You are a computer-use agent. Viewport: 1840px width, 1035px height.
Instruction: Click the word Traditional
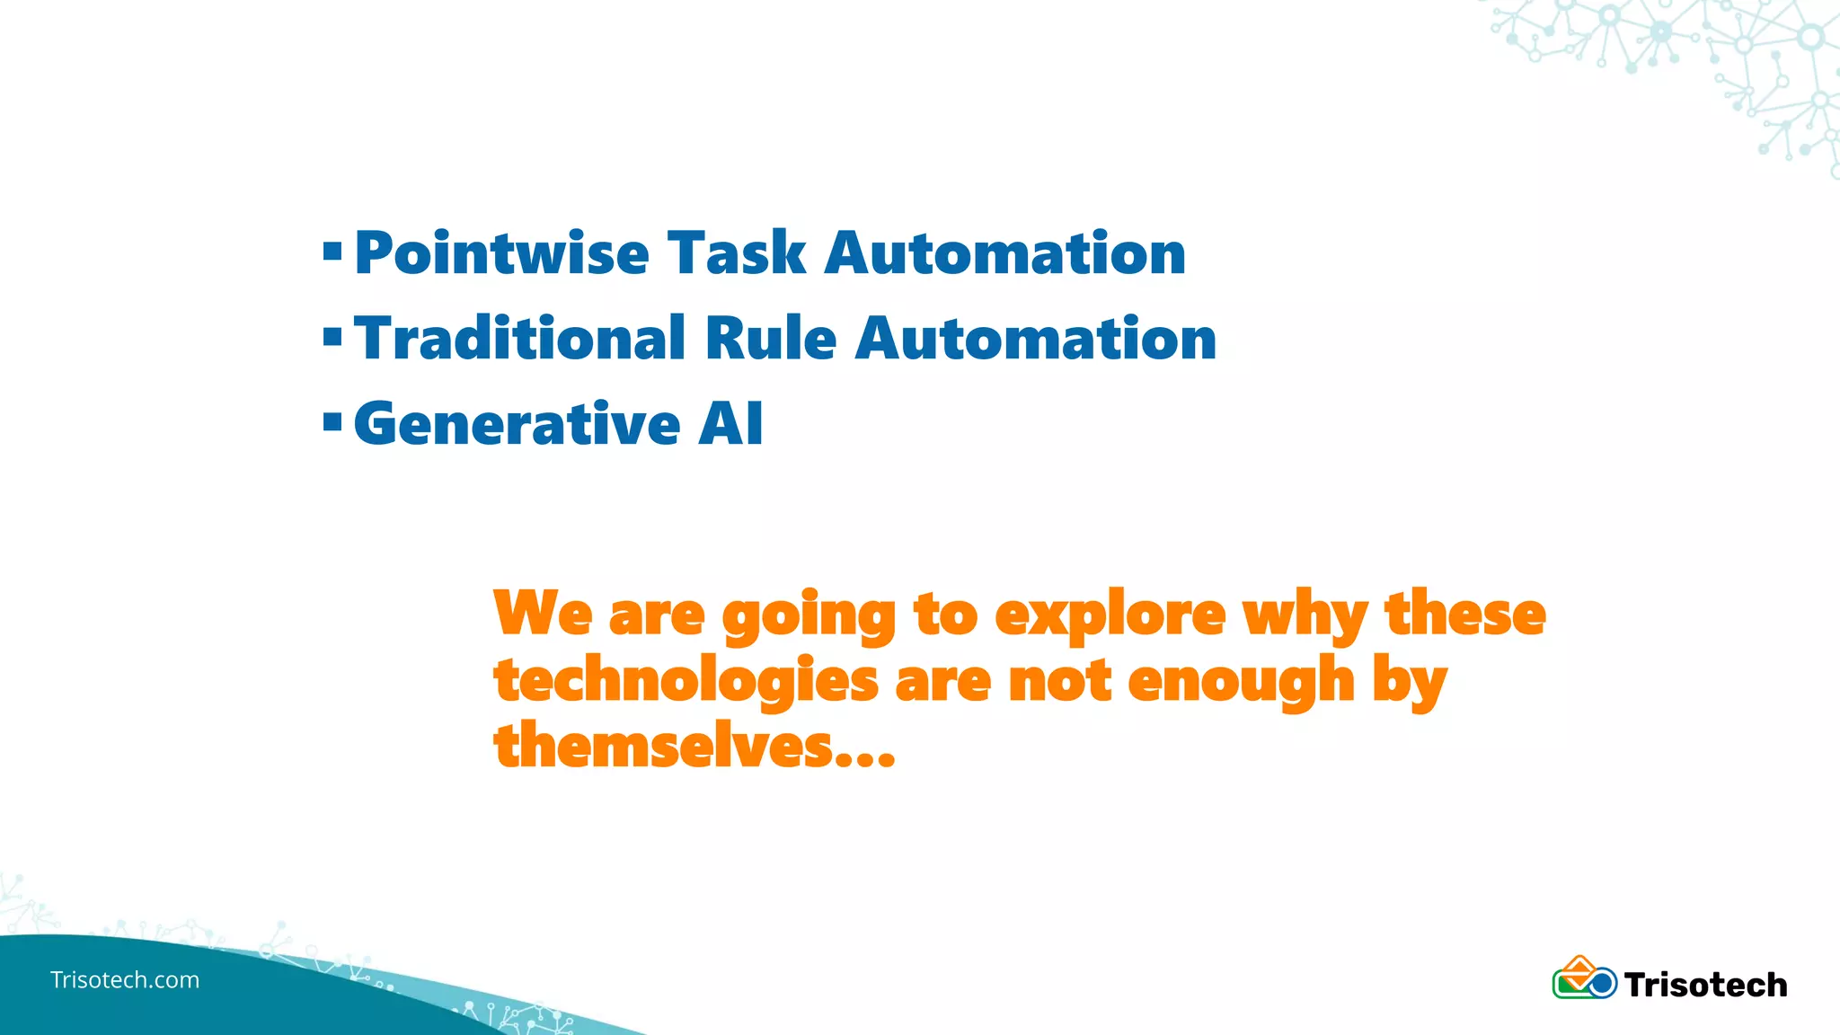point(519,339)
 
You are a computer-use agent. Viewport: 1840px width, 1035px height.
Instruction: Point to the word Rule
point(771,339)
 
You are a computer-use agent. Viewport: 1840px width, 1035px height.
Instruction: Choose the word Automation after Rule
point(1035,339)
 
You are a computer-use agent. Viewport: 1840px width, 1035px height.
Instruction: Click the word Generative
point(517,424)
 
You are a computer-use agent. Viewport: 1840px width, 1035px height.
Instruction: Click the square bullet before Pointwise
point(332,252)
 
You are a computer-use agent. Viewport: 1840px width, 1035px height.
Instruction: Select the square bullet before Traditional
point(332,338)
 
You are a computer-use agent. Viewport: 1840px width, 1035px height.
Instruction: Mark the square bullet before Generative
point(332,422)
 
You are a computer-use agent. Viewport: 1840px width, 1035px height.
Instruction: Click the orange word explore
point(1110,615)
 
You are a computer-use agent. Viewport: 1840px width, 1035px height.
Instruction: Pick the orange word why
point(1305,617)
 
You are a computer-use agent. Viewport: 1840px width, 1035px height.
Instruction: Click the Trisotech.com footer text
point(125,979)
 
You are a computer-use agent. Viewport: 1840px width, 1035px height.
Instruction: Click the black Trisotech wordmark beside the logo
point(1705,985)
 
